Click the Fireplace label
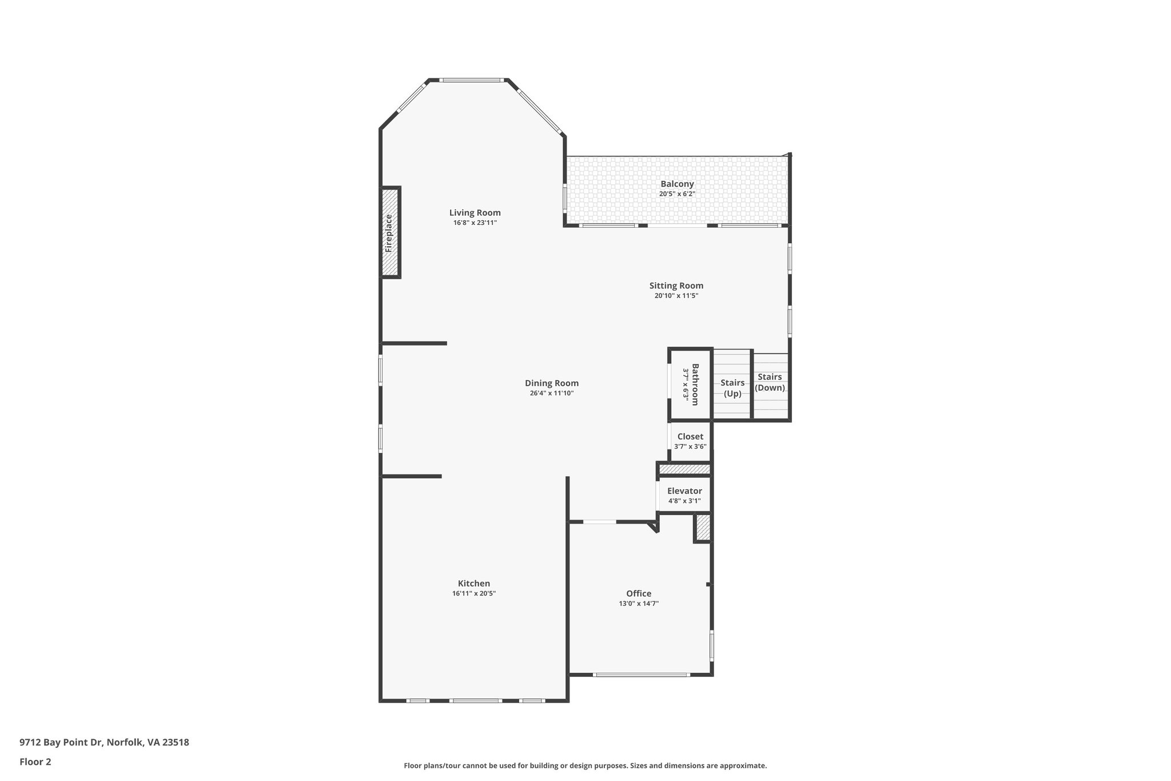(389, 233)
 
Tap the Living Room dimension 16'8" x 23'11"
(475, 223)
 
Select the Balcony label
(677, 184)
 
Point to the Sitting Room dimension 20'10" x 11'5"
(676, 296)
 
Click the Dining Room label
(551, 383)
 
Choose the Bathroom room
(691, 384)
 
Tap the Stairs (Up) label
(732, 388)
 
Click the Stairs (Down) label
(770, 382)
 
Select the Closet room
(690, 441)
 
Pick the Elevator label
(684, 491)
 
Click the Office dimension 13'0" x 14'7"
(638, 603)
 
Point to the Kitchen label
(473, 583)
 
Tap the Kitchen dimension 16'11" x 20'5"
(473, 593)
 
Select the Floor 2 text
(35, 762)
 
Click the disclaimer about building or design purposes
(585, 766)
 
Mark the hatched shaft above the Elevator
(684, 469)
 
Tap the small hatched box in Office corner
(703, 528)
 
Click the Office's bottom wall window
(640, 675)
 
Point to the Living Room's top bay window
(473, 80)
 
